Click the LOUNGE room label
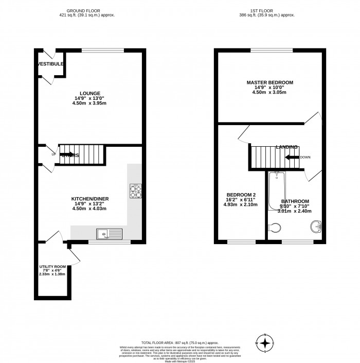point(89,93)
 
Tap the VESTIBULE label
point(50,64)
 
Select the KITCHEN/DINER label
point(90,198)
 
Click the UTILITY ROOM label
point(53,267)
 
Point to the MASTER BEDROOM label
point(269,82)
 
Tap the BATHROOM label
point(295,201)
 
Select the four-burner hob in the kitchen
point(135,192)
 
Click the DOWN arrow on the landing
point(293,157)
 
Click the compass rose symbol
point(265,343)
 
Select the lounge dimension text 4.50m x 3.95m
point(89,103)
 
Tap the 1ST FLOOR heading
point(270,10)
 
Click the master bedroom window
point(272,50)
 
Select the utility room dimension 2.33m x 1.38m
point(53,274)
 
